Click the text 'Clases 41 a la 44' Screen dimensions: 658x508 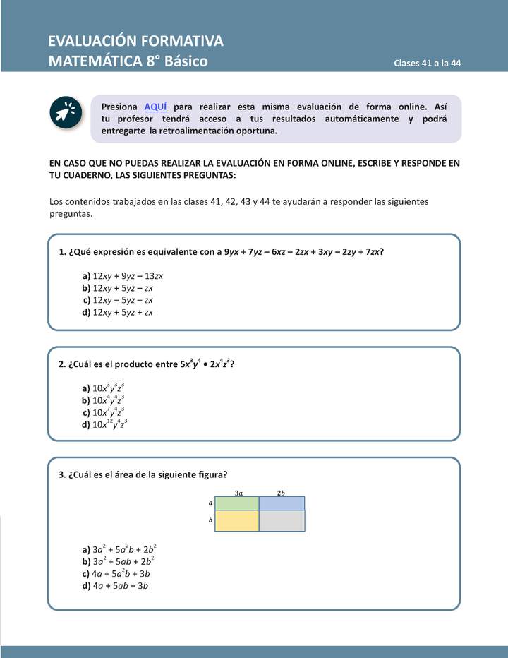click(x=427, y=63)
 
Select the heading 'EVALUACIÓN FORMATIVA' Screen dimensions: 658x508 click(x=135, y=40)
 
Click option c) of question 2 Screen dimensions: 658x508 click(x=104, y=412)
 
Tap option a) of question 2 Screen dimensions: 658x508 click(x=104, y=388)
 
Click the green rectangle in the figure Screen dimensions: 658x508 click(x=236, y=503)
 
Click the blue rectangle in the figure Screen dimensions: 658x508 click(x=282, y=503)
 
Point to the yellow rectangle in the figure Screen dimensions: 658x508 click(x=236, y=521)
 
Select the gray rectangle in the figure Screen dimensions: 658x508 click(x=282, y=521)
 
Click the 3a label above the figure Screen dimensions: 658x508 click(x=238, y=492)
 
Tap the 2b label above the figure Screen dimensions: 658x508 click(x=281, y=492)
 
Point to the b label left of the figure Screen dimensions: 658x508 click(x=210, y=520)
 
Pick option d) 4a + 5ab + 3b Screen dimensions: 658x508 click(x=115, y=585)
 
